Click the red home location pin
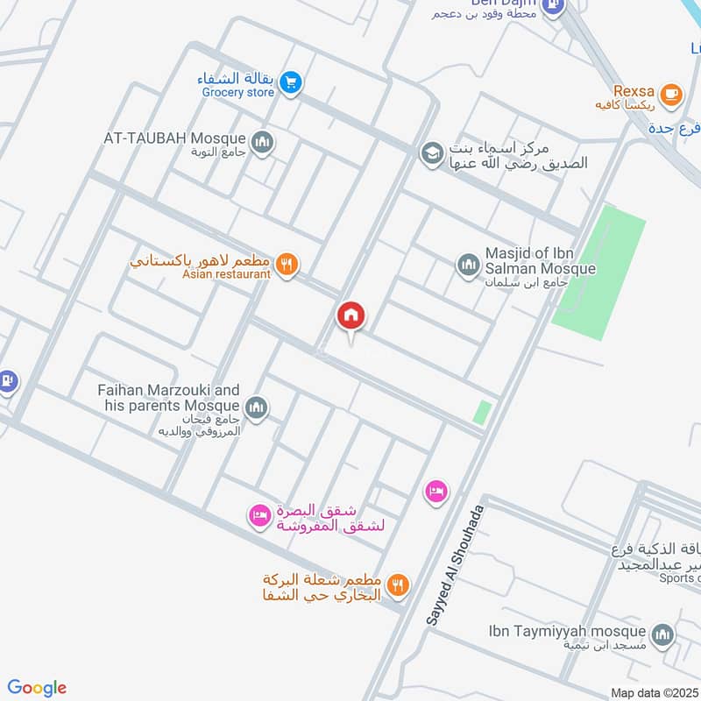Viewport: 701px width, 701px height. (351, 316)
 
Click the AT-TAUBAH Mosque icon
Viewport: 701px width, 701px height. (261, 141)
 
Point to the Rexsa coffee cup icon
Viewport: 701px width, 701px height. (670, 94)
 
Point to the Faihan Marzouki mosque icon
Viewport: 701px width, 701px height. (257, 407)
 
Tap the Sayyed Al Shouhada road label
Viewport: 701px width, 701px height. (455, 566)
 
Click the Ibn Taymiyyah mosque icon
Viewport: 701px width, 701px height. (662, 634)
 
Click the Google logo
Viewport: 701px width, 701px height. (37, 688)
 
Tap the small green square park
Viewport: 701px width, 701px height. (482, 412)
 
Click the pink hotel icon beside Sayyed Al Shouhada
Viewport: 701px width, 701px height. (435, 492)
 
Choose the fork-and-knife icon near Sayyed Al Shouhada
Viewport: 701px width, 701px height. (399, 584)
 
